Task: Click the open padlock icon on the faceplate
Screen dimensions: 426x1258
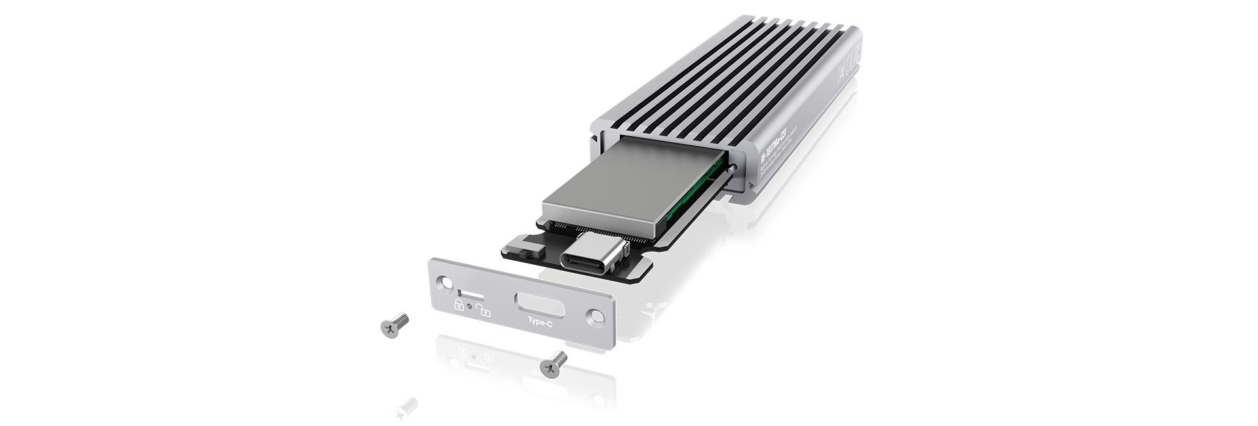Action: coord(482,309)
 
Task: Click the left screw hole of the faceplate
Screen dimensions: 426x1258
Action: coord(445,282)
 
